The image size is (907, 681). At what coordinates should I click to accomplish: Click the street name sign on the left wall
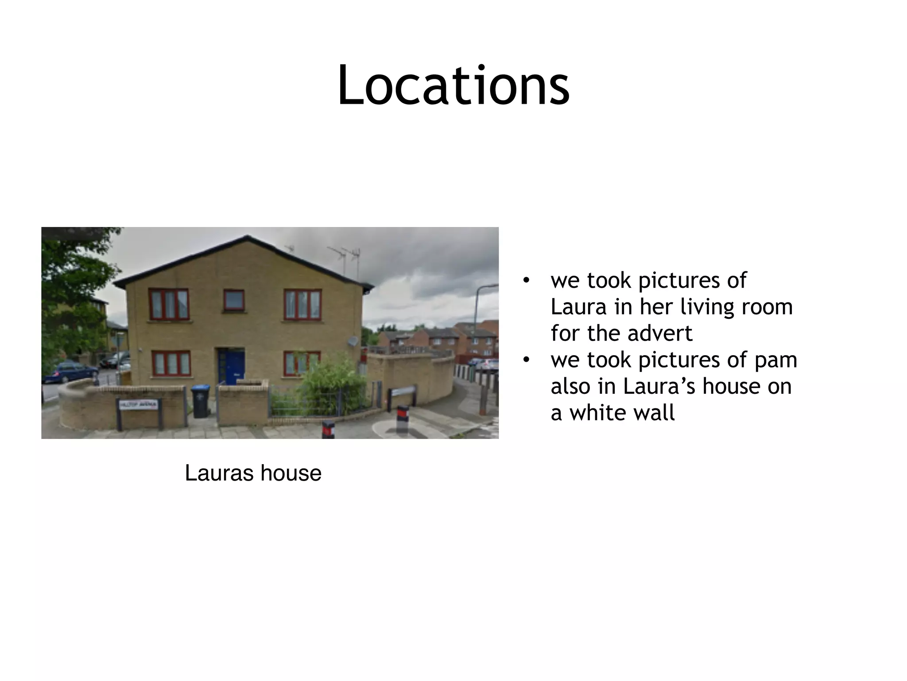click(139, 405)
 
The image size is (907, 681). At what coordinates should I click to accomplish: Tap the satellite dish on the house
click(353, 341)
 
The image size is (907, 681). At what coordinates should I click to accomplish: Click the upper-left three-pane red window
click(169, 304)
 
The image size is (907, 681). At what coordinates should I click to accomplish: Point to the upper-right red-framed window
click(302, 304)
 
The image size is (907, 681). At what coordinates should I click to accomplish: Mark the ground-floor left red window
click(171, 364)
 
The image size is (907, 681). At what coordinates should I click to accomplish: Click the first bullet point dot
click(526, 281)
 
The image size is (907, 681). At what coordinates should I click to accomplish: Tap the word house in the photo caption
click(291, 473)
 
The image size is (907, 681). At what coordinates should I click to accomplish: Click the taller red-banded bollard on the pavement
click(403, 419)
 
